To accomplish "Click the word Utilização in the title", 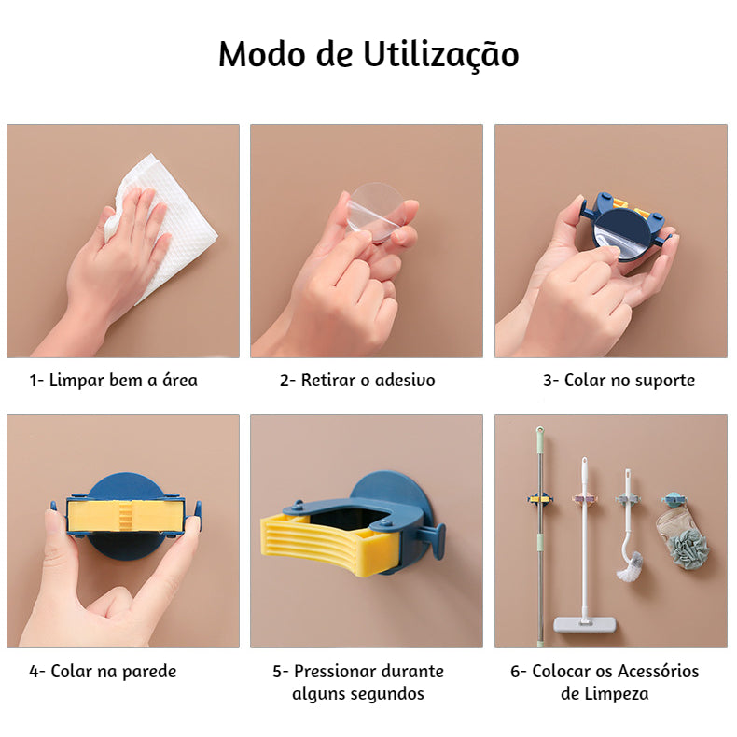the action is click(x=441, y=55).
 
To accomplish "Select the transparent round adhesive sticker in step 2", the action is click(x=377, y=213).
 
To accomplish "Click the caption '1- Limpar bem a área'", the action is click(x=113, y=380).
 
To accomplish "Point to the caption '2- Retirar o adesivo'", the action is click(x=357, y=380).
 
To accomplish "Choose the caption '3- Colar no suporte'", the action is click(x=619, y=380).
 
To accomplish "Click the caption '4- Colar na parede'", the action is click(x=103, y=671).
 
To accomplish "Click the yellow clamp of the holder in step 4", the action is click(x=126, y=516).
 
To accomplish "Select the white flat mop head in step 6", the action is click(x=585, y=624).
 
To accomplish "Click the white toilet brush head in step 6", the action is click(x=630, y=567).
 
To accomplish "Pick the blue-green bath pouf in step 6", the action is click(x=689, y=549).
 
